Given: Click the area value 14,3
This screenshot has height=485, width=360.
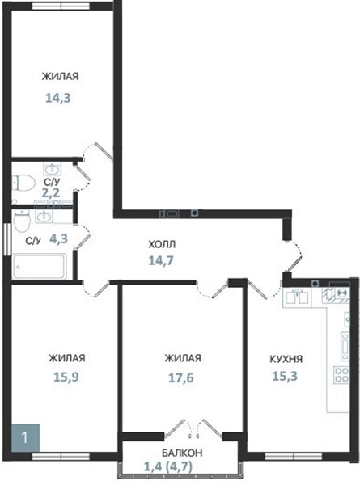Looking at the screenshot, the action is click(58, 98).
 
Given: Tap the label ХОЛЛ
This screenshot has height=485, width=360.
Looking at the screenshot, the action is click(162, 244).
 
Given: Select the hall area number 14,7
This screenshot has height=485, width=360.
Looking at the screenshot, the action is click(161, 261).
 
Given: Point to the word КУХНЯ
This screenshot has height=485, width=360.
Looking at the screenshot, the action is click(286, 359).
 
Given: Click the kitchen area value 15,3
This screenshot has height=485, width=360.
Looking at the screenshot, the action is click(285, 376).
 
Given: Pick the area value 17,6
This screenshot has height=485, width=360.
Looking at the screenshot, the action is click(180, 377).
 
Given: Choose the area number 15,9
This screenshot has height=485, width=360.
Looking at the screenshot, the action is click(66, 377).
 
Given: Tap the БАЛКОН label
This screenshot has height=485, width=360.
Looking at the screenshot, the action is click(182, 453).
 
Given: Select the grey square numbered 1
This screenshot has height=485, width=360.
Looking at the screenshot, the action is click(25, 438).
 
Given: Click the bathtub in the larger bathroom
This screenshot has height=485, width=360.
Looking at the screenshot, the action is click(40, 266).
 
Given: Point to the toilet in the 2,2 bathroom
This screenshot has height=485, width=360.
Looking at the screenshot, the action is click(23, 183).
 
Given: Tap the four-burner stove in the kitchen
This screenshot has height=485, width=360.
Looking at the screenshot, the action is click(341, 375).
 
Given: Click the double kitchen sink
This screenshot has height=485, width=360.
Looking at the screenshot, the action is click(297, 297).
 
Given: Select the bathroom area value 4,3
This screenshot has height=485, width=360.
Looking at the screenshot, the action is click(58, 238).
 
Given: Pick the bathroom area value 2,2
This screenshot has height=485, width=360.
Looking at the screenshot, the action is click(51, 193).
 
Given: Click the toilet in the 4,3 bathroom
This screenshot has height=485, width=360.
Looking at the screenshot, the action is click(22, 221).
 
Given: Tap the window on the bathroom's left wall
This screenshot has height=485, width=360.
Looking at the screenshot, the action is click(6, 239).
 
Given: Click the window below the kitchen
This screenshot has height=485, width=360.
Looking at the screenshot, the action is click(294, 457).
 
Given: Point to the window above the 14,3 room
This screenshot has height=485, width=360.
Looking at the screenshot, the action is click(61, 6).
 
